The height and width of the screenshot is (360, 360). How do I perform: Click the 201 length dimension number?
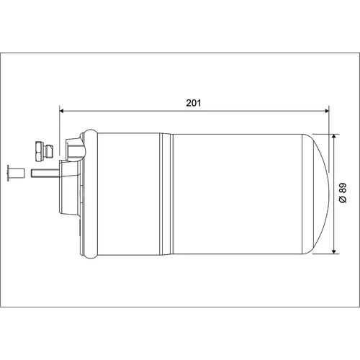tap(194, 103)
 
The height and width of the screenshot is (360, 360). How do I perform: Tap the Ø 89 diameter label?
tap(343, 193)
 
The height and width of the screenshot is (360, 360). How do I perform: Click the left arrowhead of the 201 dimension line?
tap(61, 111)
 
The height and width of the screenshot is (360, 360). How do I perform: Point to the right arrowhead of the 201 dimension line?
tap(327, 111)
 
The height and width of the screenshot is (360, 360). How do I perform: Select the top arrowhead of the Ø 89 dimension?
tap(333, 136)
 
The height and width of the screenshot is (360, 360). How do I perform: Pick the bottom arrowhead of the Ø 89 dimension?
tap(333, 251)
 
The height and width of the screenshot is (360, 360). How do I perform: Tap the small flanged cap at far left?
tap(16, 173)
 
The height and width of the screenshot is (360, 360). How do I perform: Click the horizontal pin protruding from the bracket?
tap(45, 173)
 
